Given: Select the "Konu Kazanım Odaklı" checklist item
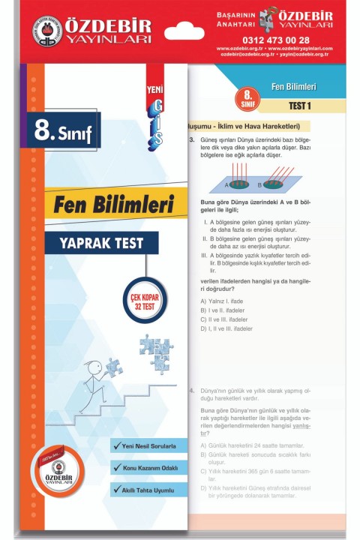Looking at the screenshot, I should (148, 468).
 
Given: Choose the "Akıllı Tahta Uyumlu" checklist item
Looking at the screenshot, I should (148, 490).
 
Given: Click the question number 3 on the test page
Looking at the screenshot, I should (192, 140).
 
